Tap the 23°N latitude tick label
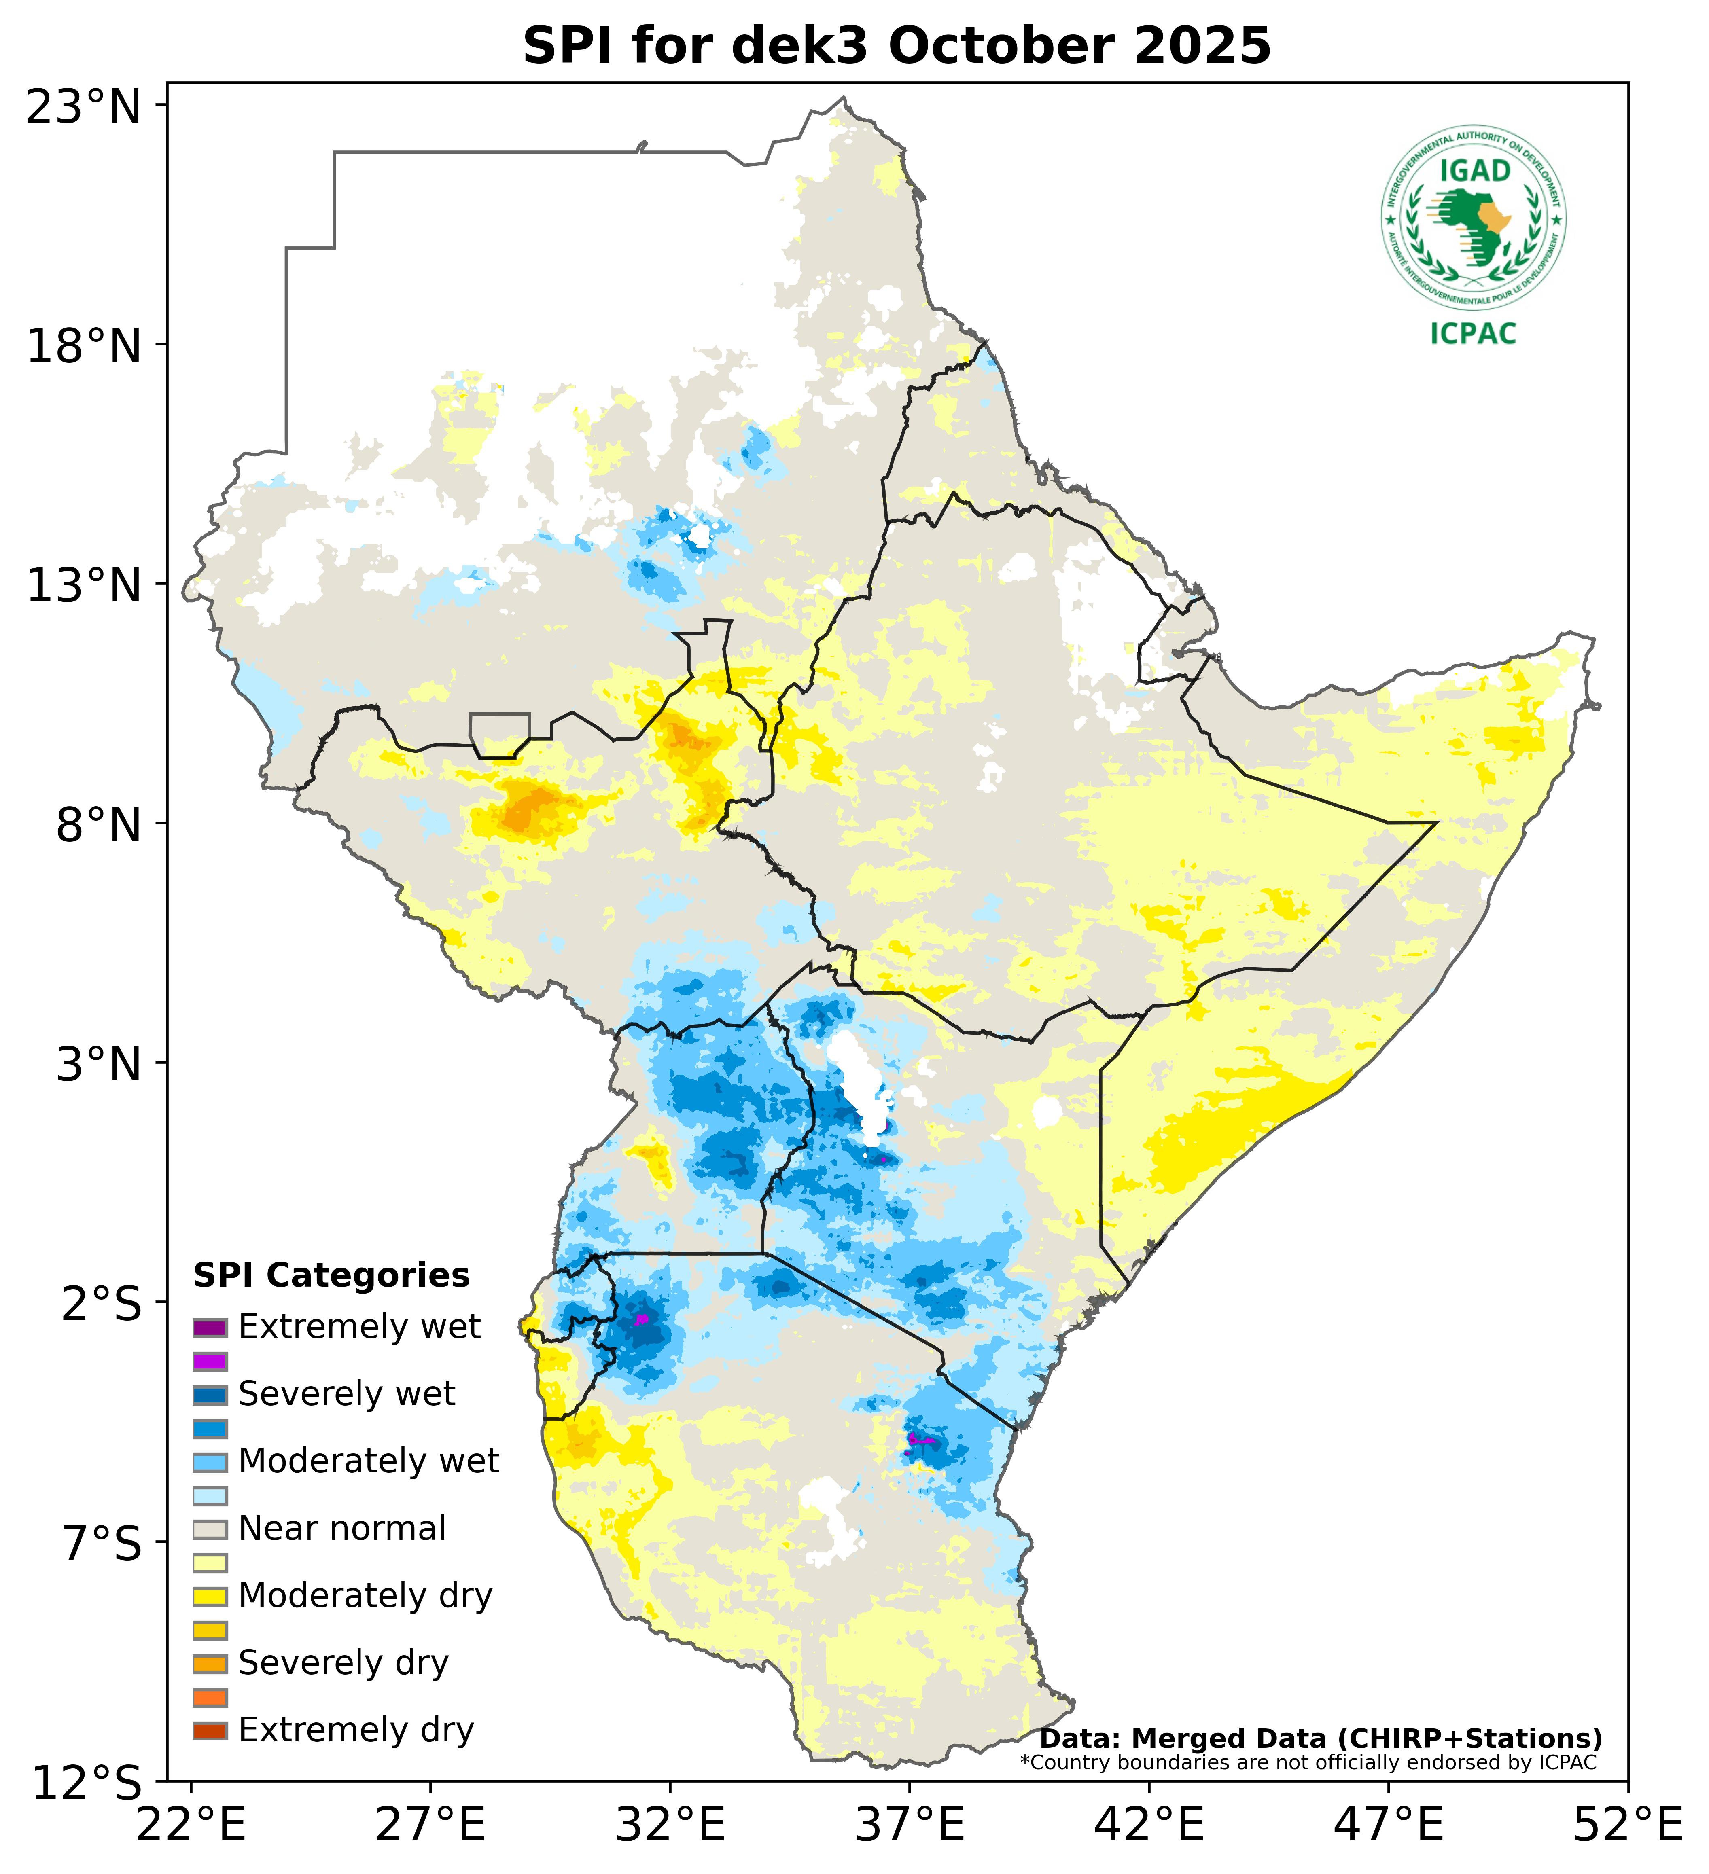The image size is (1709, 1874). [84, 107]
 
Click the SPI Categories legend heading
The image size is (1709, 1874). [331, 1275]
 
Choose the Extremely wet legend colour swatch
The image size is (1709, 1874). [210, 1326]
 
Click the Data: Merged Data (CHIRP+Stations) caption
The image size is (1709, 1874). [1320, 1738]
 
